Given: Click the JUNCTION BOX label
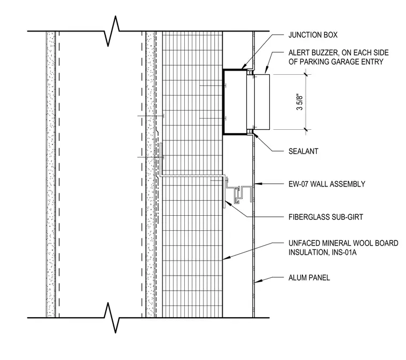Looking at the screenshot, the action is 313,35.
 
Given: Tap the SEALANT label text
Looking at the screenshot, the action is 303,151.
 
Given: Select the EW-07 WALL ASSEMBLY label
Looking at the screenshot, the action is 327,184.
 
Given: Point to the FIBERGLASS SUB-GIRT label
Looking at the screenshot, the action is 326,217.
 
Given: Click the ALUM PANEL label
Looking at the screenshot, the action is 309,278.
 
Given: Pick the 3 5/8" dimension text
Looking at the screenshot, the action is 300,101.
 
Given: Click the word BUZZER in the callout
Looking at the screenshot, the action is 325,53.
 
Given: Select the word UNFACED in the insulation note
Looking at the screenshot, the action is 304,243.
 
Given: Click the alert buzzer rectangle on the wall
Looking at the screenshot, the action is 262,102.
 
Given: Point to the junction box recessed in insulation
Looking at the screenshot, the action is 235,102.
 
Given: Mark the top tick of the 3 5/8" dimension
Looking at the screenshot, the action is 306,75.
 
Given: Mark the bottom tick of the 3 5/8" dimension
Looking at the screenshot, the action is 306,129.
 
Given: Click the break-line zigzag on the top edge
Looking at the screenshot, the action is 112,31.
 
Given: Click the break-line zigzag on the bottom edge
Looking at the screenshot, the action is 112,318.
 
